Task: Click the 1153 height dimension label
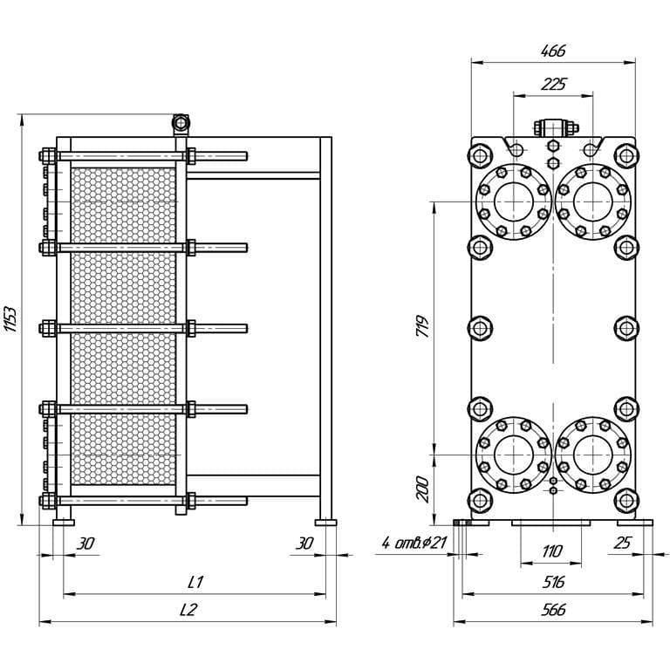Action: (10, 319)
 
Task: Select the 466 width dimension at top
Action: (553, 51)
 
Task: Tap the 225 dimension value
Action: (553, 84)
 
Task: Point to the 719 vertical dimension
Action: (422, 326)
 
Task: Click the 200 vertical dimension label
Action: (422, 489)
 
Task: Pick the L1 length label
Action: (195, 582)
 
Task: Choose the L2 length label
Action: (188, 610)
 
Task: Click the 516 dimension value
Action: (553, 582)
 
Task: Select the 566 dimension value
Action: (553, 610)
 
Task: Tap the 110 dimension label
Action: (551, 551)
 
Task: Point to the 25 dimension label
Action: (622, 543)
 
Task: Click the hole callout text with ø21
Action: (414, 544)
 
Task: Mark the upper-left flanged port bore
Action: (514, 202)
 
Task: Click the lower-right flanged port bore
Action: (593, 455)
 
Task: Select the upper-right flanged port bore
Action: (593, 202)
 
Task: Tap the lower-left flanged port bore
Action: (514, 455)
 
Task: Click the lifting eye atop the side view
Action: (181, 124)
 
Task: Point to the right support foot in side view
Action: (325, 523)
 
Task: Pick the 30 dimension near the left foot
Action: (85, 544)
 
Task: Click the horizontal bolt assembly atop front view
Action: (557, 127)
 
